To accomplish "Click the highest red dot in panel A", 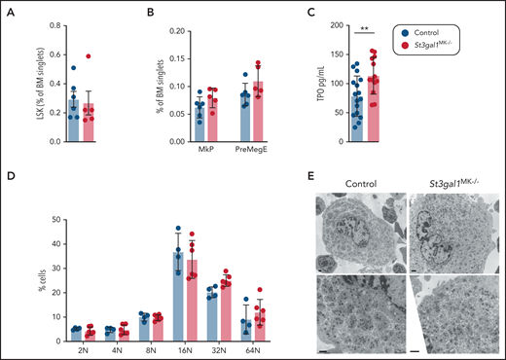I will click(90, 57).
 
